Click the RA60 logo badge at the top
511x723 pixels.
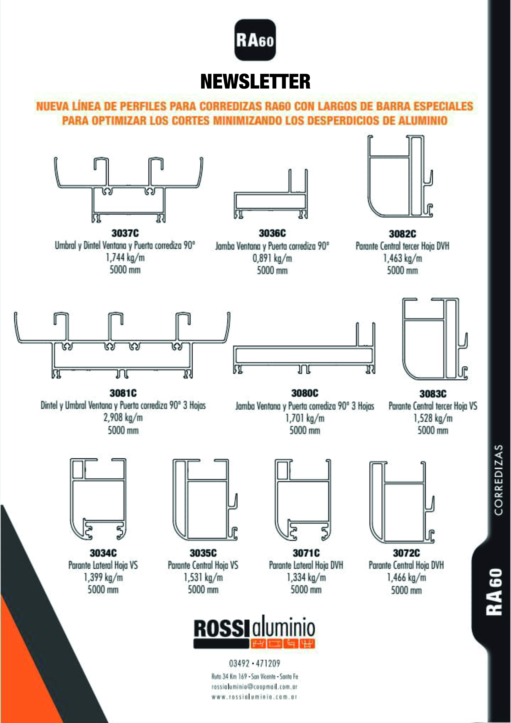[255, 40]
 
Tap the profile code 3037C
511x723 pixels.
[125, 233]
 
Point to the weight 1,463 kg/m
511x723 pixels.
[402, 258]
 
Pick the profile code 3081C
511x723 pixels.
[123, 393]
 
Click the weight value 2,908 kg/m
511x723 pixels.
[123, 418]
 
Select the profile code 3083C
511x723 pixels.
[433, 394]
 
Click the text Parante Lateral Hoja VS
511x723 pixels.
[103, 565]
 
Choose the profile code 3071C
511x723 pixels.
[306, 553]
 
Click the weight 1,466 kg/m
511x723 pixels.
[406, 577]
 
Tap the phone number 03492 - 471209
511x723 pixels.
[254, 664]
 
